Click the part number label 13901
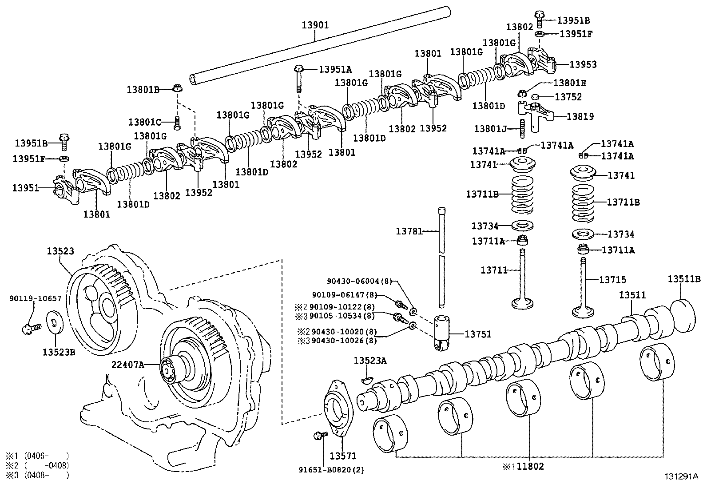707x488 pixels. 315,25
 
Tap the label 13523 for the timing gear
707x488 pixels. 60,251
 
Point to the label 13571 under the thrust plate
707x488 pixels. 343,456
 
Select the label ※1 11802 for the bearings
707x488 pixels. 523,467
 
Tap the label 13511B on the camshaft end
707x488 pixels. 684,279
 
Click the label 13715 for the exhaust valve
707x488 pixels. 612,280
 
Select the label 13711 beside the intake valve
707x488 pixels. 494,270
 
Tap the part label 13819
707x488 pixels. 580,116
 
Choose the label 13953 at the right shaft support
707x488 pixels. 583,64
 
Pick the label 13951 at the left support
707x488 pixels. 25,188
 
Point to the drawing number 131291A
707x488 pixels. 681,476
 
